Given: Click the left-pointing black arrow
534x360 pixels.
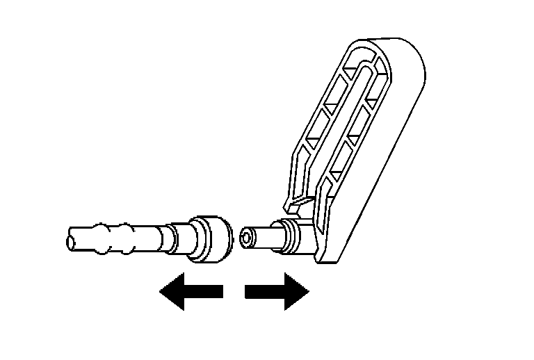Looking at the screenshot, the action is click(191, 292).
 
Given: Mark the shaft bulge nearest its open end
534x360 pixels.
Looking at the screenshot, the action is click(104, 234).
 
